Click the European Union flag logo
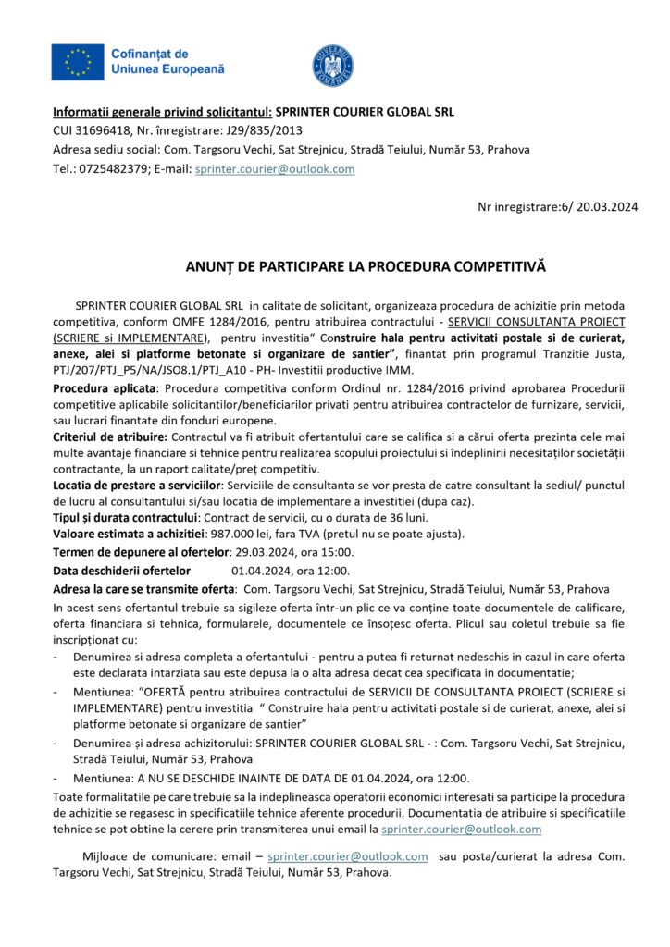78,61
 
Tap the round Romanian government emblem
332,65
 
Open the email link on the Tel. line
274,169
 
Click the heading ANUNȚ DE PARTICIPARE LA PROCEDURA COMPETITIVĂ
366,266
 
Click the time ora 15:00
323,552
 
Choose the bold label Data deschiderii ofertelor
121,570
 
